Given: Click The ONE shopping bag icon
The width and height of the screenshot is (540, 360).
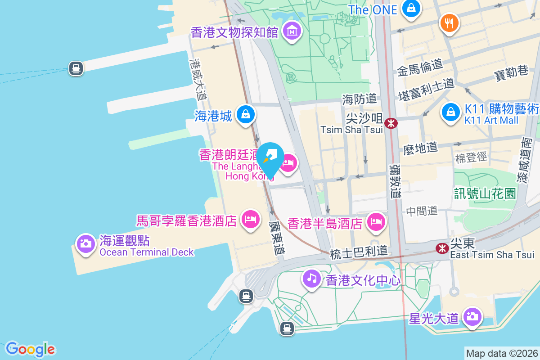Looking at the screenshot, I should coord(411,9).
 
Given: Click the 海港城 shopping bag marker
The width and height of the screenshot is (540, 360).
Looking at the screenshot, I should coord(246,114).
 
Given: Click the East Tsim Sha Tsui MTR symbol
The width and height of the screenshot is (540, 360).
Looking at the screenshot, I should coord(443,247).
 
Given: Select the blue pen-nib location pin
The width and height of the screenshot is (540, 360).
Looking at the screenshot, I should coord(270,157).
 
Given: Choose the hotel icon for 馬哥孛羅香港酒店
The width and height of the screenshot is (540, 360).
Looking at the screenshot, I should coord(251,219).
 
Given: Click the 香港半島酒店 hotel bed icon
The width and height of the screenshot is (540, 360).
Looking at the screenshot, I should coord(376,221).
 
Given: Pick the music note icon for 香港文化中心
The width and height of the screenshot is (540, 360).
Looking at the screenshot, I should coord(311,277).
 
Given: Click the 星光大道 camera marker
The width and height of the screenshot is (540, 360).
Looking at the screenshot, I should coord(472,316).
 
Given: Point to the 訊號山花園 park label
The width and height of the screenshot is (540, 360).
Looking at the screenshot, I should coord(484,193).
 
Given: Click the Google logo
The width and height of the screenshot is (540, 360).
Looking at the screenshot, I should coord(30,349).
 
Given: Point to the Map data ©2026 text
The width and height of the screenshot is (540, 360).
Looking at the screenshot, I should coord(502,354).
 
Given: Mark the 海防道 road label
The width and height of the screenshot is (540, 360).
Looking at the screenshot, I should coord(359,99).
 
